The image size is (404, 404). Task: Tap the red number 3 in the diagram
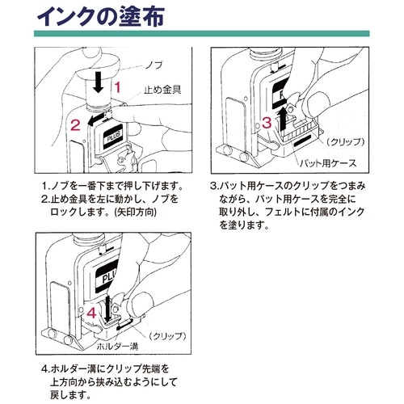point(266,121)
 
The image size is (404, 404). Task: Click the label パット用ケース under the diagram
point(327,162)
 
